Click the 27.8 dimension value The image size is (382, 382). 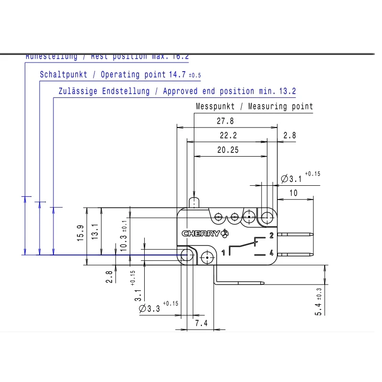(227, 121)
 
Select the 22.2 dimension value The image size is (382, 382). (228, 136)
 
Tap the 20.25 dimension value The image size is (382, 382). (227, 150)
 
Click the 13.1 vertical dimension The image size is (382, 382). (95, 232)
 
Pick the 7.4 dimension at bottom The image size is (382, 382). (202, 323)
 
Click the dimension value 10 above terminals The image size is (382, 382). (293, 193)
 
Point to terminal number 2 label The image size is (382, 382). (271, 235)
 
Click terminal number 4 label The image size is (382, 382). (271, 254)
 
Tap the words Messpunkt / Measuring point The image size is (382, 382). (255, 106)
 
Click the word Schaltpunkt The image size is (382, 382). (64, 75)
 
